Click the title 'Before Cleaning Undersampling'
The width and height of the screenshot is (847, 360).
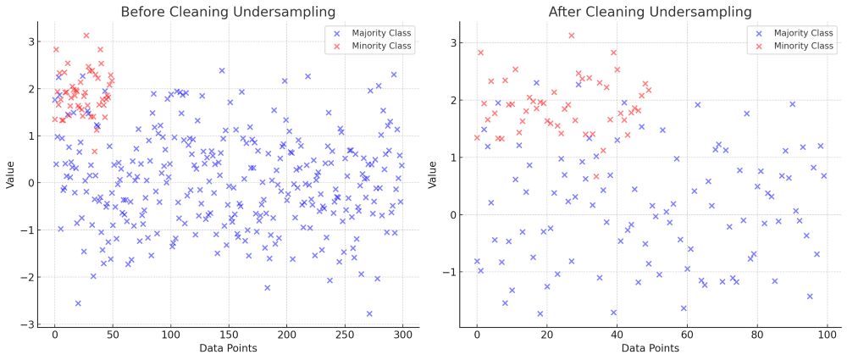pyautogui.click(x=228, y=12)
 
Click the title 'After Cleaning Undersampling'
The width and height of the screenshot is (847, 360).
pyautogui.click(x=650, y=12)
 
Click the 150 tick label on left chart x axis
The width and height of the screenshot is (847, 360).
pyautogui.click(x=229, y=336)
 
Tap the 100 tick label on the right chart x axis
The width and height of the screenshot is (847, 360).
pyautogui.click(x=827, y=336)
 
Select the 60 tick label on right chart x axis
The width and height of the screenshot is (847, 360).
pyautogui.click(x=687, y=336)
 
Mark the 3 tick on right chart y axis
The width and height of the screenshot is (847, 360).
pyautogui.click(x=453, y=42)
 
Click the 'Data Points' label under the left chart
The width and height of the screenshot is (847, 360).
pyautogui.click(x=228, y=348)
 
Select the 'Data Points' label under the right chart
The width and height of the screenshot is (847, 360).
pyautogui.click(x=650, y=348)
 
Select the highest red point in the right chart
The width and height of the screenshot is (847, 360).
pyautogui.click(x=572, y=36)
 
